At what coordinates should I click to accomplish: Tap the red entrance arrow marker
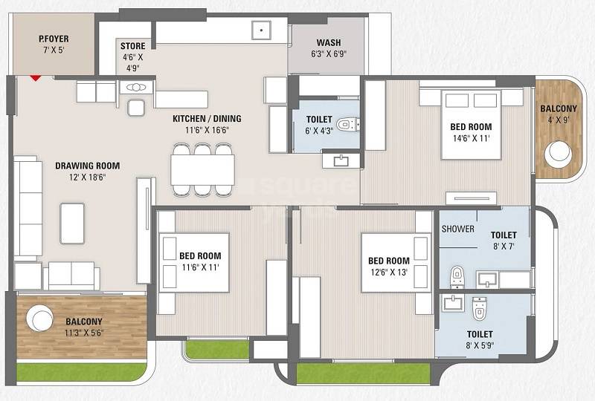coord(34,75)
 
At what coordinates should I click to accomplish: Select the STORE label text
coord(133,46)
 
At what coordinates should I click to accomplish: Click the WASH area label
coord(328,42)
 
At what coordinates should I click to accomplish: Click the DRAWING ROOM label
coord(87,166)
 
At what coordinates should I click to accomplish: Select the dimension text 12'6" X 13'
coord(389,273)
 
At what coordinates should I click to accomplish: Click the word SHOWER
coord(457,229)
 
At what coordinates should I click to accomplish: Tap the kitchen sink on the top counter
coord(260,31)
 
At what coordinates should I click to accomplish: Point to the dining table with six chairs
coord(202,170)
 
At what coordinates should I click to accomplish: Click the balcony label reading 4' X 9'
coord(558,119)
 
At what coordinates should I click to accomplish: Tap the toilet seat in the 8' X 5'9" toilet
coord(478,307)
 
